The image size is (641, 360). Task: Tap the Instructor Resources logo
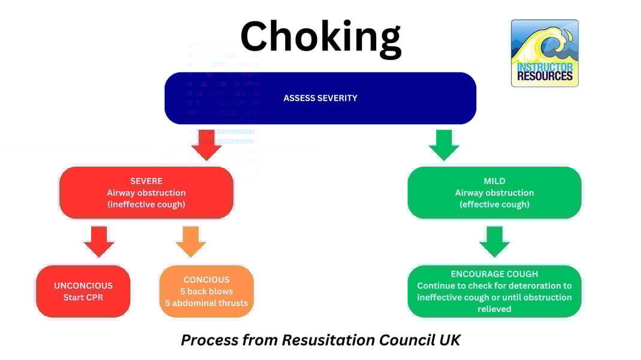coord(545,53)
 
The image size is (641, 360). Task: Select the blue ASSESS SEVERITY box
coord(320,98)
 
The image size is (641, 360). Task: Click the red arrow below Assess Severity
coord(207,144)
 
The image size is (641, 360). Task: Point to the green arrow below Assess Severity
coord(444,144)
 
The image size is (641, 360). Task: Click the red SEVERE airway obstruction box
coord(146,192)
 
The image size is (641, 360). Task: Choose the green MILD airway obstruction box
coord(494,192)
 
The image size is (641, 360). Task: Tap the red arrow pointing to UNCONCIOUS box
coord(99,241)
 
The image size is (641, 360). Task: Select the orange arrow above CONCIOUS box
coord(191,241)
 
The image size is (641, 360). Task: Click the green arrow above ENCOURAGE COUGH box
coord(494,241)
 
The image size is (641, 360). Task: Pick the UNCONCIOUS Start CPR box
coord(83,291)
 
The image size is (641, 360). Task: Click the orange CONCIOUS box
coord(207,291)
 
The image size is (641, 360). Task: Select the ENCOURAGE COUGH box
coord(494,291)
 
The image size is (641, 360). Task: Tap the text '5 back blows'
coord(207,291)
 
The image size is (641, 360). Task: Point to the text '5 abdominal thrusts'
coord(207,303)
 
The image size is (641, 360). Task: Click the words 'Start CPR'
coord(83,298)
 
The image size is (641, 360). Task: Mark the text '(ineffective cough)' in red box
coord(146,204)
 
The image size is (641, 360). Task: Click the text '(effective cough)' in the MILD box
coord(494,204)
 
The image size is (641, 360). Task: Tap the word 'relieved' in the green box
coord(494,309)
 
